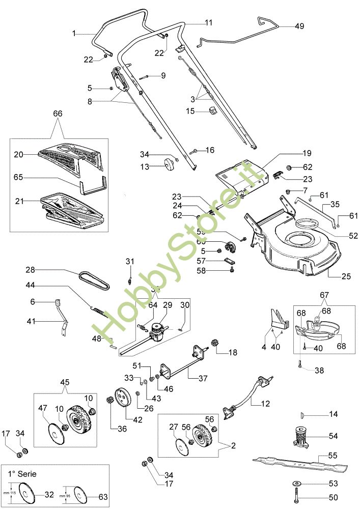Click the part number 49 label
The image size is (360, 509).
pyautogui.click(x=299, y=26)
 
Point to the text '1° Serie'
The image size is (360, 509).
pyautogui.click(x=21, y=473)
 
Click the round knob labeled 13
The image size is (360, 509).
pyautogui.click(x=166, y=164)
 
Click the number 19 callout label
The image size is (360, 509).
pyautogui.click(x=307, y=153)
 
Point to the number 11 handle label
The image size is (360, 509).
pyautogui.click(x=209, y=23)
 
